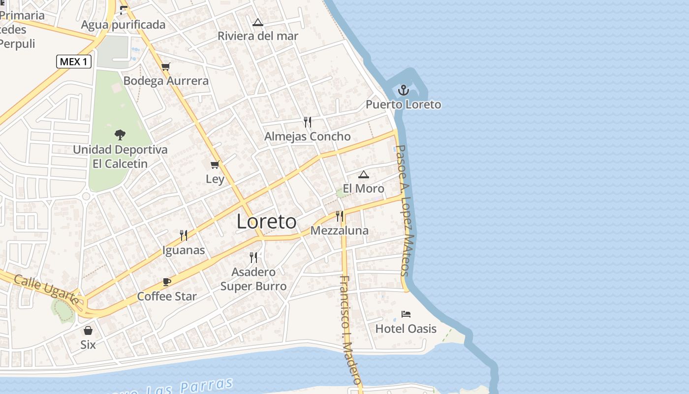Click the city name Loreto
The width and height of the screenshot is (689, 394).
[267, 222]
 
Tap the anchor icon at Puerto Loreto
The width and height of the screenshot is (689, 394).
[404, 90]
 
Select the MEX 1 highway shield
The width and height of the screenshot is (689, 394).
[74, 62]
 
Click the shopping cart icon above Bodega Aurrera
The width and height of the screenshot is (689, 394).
[166, 66]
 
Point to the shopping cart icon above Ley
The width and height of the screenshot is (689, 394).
[215, 164]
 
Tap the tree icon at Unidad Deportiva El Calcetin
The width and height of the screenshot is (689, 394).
[120, 134]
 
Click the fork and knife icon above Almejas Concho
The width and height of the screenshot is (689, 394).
[308, 122]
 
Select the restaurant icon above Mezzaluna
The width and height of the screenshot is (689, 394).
[339, 216]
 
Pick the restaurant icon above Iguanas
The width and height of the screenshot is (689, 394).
[184, 235]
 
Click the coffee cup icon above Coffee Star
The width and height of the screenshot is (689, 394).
[167, 282]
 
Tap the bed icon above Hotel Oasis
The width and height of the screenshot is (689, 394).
[406, 314]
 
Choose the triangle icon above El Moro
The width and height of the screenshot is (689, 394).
[364, 174]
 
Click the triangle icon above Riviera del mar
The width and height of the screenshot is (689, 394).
[258, 22]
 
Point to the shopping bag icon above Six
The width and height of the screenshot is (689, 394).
[88, 330]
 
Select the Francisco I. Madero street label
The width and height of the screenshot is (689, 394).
[350, 330]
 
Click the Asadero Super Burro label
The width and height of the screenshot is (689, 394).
[253, 279]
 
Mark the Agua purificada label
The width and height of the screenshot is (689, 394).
[123, 25]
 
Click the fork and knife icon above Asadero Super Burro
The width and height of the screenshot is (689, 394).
[253, 257]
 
